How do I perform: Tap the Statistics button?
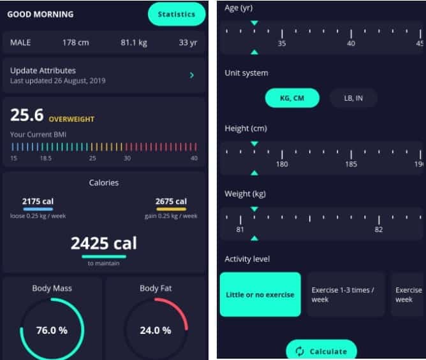point(177,14)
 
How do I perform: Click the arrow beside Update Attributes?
point(191,76)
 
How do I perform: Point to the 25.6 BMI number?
point(27,115)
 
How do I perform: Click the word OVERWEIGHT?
point(72,119)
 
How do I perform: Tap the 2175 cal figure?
point(38,202)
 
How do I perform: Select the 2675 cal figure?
point(171,202)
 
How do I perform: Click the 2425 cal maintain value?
point(103,243)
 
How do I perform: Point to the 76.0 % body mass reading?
point(51,331)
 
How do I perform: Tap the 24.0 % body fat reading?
point(156,331)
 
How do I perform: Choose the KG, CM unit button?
point(292,98)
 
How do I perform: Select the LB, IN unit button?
point(353,98)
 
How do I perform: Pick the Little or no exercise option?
point(260,294)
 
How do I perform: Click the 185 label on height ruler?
point(351,164)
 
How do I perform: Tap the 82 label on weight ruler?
point(379,229)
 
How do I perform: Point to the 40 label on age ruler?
point(351,43)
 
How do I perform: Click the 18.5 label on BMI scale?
point(46,158)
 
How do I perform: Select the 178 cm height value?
point(75,43)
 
